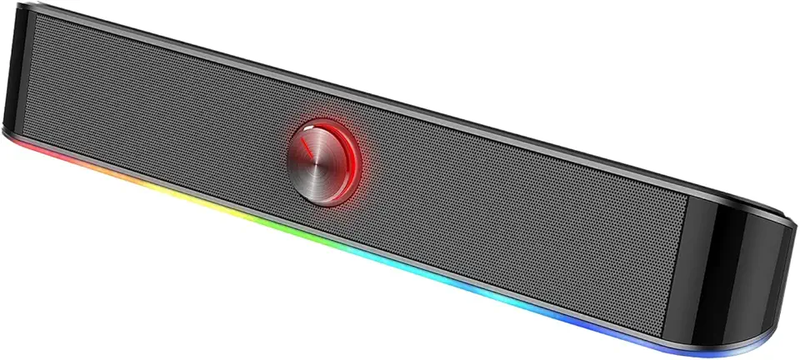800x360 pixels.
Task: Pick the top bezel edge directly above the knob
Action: (333, 79)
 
